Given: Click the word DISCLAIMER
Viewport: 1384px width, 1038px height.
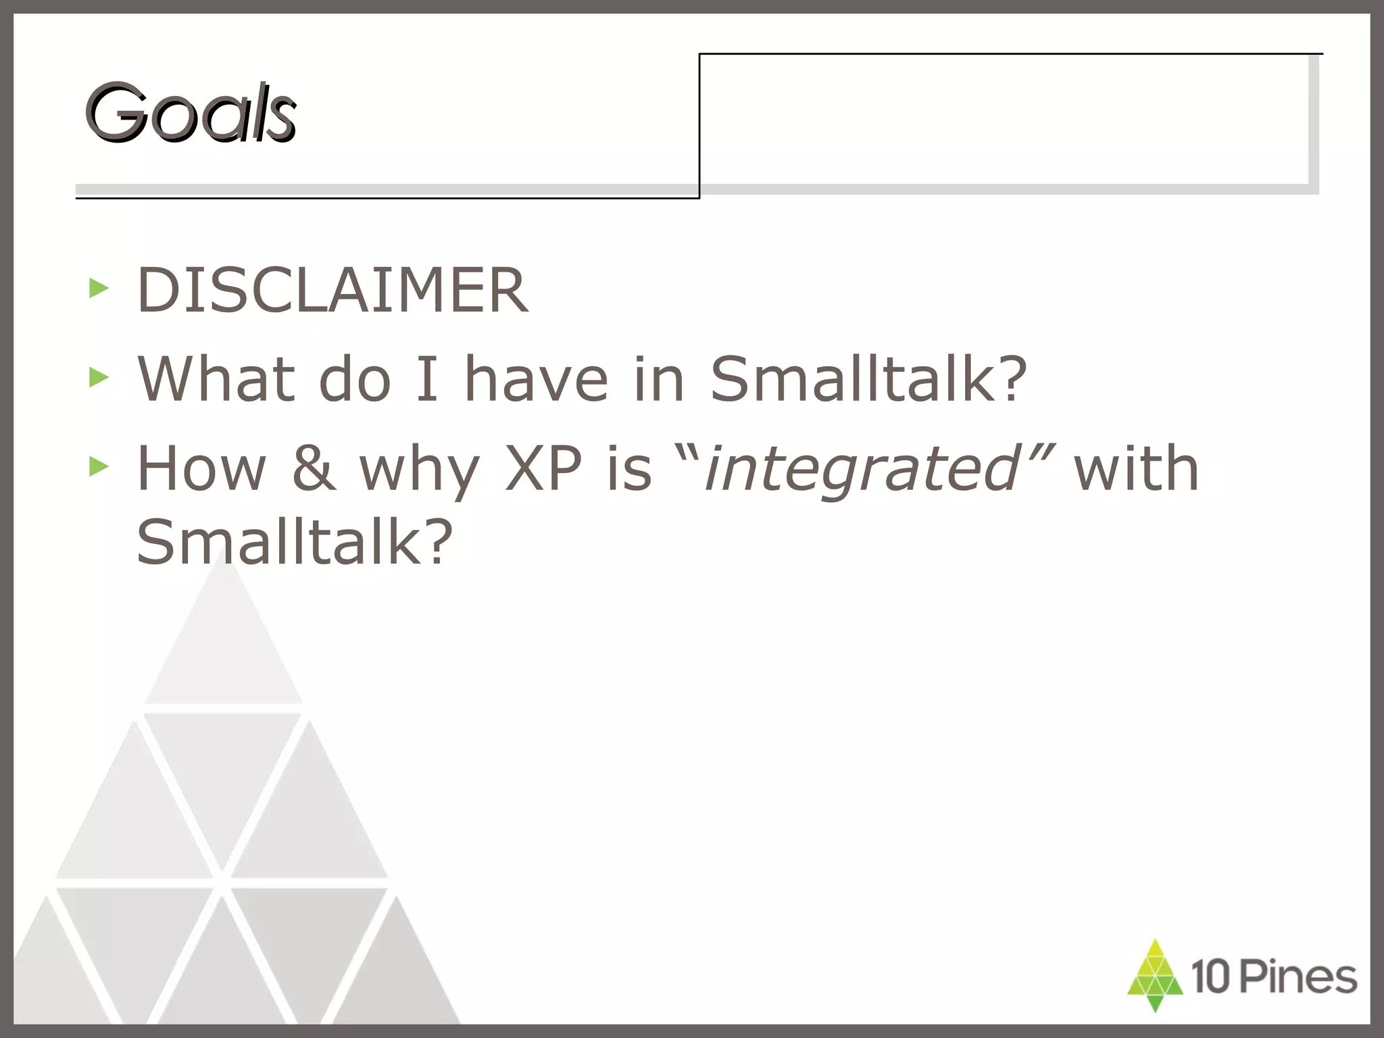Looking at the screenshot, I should tap(332, 291).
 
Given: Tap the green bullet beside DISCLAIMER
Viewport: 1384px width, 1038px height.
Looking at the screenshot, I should tap(99, 289).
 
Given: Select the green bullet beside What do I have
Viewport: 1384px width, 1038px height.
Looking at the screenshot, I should tap(99, 378).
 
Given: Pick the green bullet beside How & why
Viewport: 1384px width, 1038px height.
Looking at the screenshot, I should tap(99, 466).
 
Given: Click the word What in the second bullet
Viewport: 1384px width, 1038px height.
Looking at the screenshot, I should tap(216, 379).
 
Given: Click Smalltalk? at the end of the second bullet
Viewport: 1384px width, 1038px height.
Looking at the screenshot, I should tap(868, 379).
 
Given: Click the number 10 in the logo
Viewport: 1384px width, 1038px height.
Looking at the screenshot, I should tap(1212, 977).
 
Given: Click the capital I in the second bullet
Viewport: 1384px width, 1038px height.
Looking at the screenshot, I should tap(427, 379).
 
